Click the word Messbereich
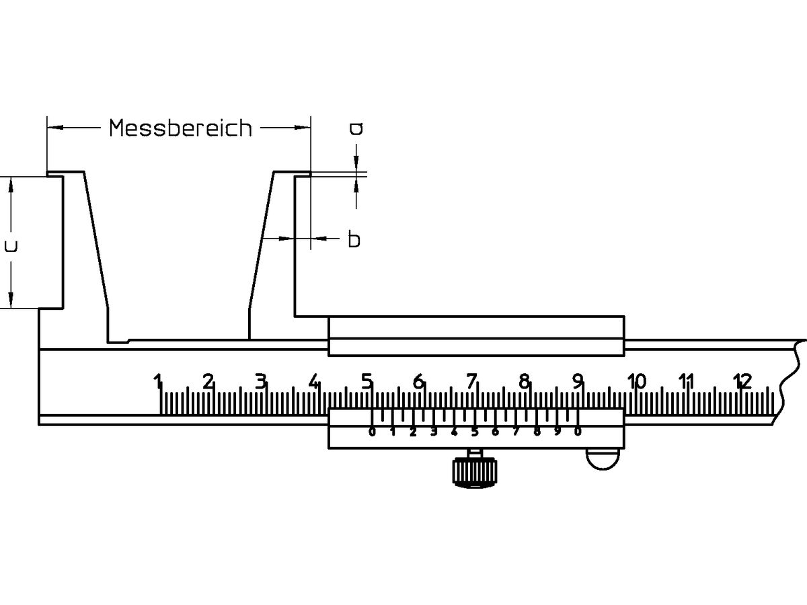[180, 127]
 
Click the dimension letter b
[354, 239]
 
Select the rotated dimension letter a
[356, 128]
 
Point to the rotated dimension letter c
[11, 246]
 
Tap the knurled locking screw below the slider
[475, 472]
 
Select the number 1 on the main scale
[158, 382]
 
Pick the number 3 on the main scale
[261, 382]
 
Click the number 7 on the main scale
[471, 382]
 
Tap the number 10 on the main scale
[636, 382]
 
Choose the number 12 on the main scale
[741, 382]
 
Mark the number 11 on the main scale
[686, 382]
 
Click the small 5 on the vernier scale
[475, 432]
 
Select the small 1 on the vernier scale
[393, 432]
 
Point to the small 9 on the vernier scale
[558, 432]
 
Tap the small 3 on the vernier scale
[434, 432]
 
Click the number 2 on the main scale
[208, 382]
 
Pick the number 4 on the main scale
[313, 382]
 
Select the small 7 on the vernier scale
[516, 432]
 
